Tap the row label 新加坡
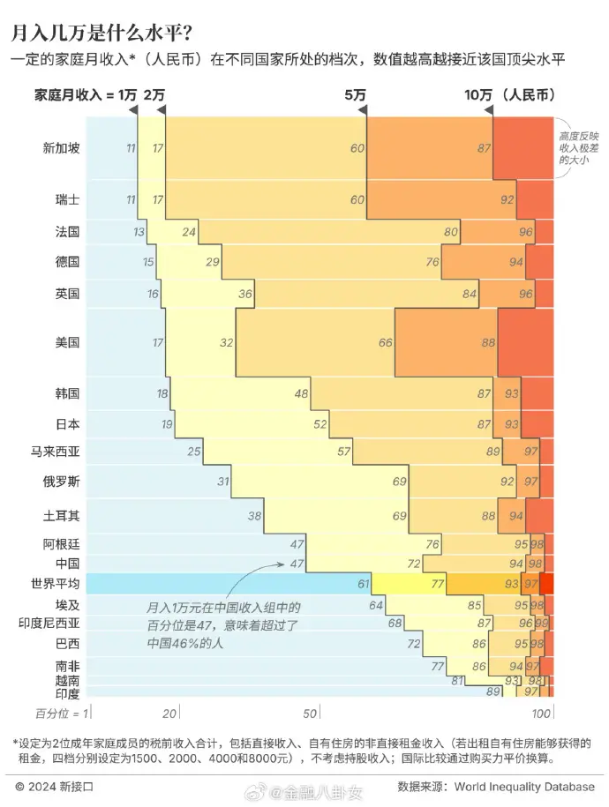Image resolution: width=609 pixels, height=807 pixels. click(x=62, y=148)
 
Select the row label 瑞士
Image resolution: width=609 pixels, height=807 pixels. click(x=68, y=200)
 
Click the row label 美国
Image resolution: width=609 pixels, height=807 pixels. click(x=68, y=342)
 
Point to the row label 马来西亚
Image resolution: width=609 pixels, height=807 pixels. click(x=56, y=452)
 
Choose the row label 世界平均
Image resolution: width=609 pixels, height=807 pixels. click(x=56, y=584)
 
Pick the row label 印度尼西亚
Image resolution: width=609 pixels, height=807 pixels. click(x=49, y=623)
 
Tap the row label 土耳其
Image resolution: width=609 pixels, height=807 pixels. click(x=62, y=516)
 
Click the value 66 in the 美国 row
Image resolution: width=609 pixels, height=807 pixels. click(x=386, y=342)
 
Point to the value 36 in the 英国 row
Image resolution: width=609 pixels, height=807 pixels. click(x=245, y=294)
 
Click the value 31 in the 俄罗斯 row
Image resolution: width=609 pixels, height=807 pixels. click(x=223, y=482)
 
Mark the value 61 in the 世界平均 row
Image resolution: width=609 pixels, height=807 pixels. click(x=363, y=584)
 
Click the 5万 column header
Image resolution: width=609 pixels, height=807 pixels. click(x=356, y=95)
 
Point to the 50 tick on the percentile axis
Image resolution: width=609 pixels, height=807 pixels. click(x=311, y=713)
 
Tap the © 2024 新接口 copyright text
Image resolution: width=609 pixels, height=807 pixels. click(x=55, y=786)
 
